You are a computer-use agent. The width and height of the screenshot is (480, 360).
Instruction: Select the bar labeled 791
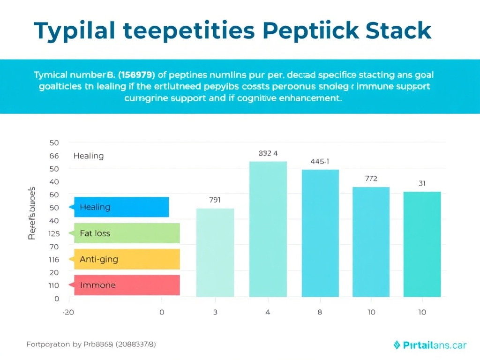(215, 253)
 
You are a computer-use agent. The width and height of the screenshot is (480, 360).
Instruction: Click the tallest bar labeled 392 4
(268, 229)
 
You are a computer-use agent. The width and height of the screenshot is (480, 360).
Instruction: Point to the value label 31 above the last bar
(422, 184)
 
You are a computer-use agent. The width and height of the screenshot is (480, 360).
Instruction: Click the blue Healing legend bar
(121, 207)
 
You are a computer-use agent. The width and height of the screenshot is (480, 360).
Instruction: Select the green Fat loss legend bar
(127, 233)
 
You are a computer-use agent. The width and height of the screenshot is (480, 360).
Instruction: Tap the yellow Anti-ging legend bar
(127, 259)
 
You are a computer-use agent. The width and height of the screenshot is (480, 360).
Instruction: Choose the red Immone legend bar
(127, 285)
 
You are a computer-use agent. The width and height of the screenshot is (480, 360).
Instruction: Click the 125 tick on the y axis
(54, 233)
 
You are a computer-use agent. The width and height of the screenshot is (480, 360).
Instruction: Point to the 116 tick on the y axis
(54, 259)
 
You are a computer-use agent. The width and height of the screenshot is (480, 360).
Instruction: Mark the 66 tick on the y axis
(54, 156)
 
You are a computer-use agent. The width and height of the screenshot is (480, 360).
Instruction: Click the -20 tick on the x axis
(68, 312)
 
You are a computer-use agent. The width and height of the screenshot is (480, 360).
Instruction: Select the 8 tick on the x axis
(320, 312)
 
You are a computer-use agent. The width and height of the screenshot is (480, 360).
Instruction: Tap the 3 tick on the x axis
(215, 312)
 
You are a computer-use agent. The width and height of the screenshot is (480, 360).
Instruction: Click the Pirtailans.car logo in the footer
(429, 345)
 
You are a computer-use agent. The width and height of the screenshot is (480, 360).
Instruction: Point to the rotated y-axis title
(32, 213)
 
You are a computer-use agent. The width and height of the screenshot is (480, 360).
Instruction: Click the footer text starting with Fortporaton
(91, 345)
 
